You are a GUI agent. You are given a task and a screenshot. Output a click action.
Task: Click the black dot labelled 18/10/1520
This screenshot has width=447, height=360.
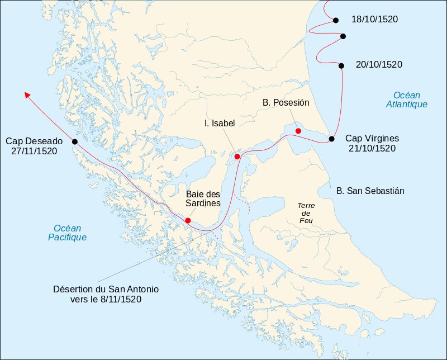tap(336, 20)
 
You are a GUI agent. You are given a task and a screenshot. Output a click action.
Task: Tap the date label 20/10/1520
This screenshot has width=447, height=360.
tap(378, 64)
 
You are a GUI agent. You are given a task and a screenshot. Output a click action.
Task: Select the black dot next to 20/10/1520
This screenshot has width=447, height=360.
tap(341, 65)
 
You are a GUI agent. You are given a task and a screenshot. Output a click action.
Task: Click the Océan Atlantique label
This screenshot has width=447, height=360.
tap(406, 100)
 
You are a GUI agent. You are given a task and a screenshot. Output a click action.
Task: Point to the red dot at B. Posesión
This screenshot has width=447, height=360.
tap(298, 131)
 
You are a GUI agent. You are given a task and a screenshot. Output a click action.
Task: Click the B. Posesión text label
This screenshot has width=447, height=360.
tap(286, 103)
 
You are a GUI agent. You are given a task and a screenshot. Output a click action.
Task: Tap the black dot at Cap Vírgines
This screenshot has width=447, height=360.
tap(331, 139)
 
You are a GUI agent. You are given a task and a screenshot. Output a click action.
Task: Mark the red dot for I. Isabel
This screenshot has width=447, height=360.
tap(237, 157)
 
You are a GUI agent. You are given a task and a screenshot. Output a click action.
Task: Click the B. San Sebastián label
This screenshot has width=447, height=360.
tap(370, 191)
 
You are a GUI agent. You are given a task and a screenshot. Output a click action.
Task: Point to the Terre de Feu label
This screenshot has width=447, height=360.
tap(306, 214)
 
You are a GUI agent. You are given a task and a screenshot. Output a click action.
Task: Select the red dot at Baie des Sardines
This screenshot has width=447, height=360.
tap(188, 220)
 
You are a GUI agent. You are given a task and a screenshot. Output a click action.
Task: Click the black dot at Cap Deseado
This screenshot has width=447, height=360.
tap(75, 141)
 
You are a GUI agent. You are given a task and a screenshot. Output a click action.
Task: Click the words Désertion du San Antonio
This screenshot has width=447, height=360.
tap(106, 290)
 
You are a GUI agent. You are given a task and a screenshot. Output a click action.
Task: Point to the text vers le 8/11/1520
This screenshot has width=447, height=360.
tap(106, 299)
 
